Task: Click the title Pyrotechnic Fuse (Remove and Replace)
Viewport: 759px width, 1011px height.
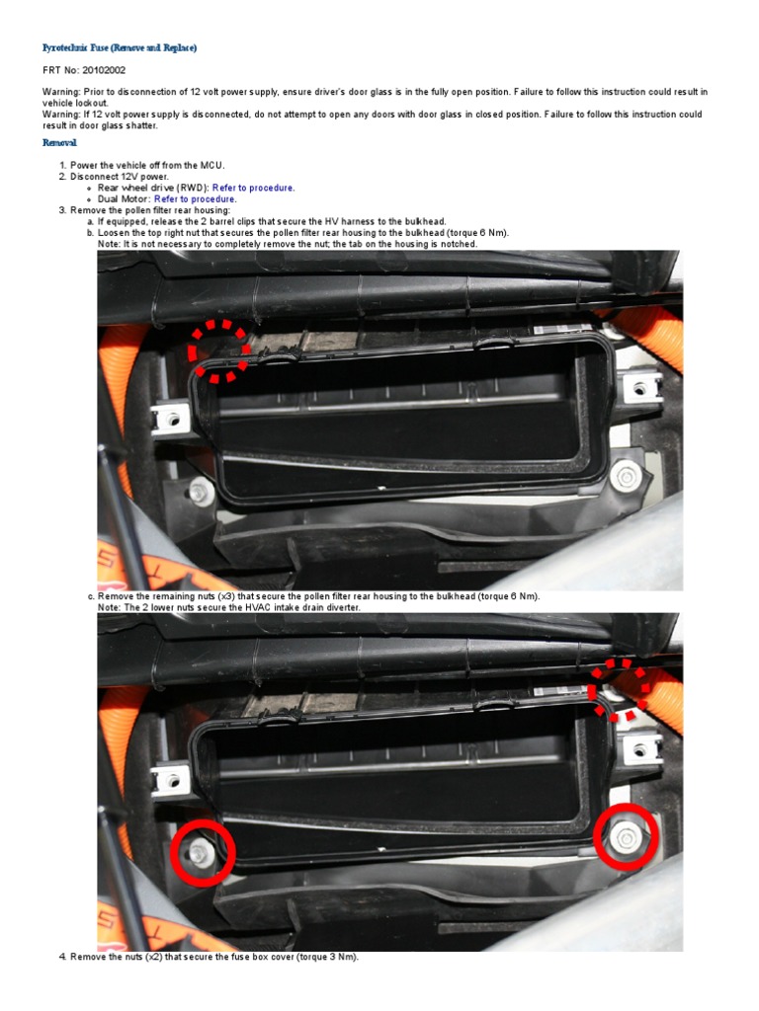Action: click(119, 47)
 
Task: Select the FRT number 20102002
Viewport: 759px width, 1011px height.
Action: click(105, 71)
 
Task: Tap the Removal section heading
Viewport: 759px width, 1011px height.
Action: click(59, 143)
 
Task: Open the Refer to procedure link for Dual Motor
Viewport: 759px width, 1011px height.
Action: click(196, 198)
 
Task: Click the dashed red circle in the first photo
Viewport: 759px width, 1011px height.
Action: click(219, 350)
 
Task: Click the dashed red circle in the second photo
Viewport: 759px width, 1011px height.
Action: click(621, 689)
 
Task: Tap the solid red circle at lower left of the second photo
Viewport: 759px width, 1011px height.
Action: click(202, 852)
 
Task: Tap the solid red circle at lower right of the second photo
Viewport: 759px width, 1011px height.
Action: click(627, 837)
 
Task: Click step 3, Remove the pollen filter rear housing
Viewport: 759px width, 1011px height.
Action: click(149, 210)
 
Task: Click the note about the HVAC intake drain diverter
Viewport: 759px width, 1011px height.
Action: click(229, 608)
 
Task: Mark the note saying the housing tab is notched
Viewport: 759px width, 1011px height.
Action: click(288, 244)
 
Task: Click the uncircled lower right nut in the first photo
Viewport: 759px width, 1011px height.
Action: click(626, 478)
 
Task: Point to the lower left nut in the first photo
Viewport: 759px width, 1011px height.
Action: click(202, 491)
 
